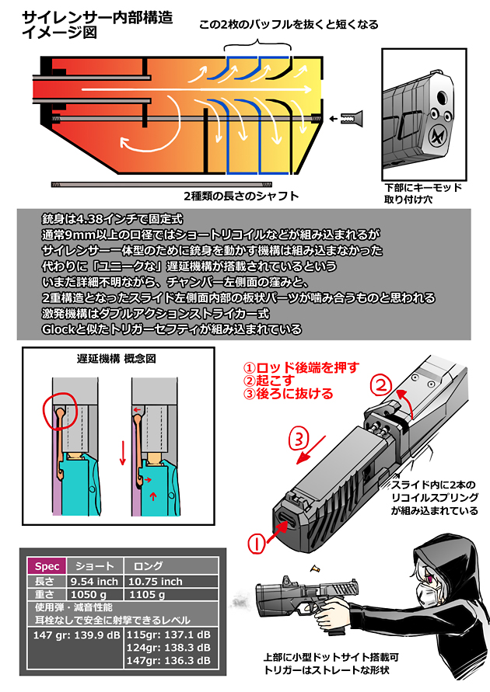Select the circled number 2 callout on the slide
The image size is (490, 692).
coord(380,384)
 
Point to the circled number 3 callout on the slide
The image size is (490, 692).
coord(300,438)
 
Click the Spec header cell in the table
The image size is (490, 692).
coord(46,566)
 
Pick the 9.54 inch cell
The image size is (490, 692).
coord(94,581)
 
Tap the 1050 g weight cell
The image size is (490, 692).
coord(89,594)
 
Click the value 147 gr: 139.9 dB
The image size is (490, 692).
coord(75,635)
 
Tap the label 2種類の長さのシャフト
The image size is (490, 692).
coord(240,196)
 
